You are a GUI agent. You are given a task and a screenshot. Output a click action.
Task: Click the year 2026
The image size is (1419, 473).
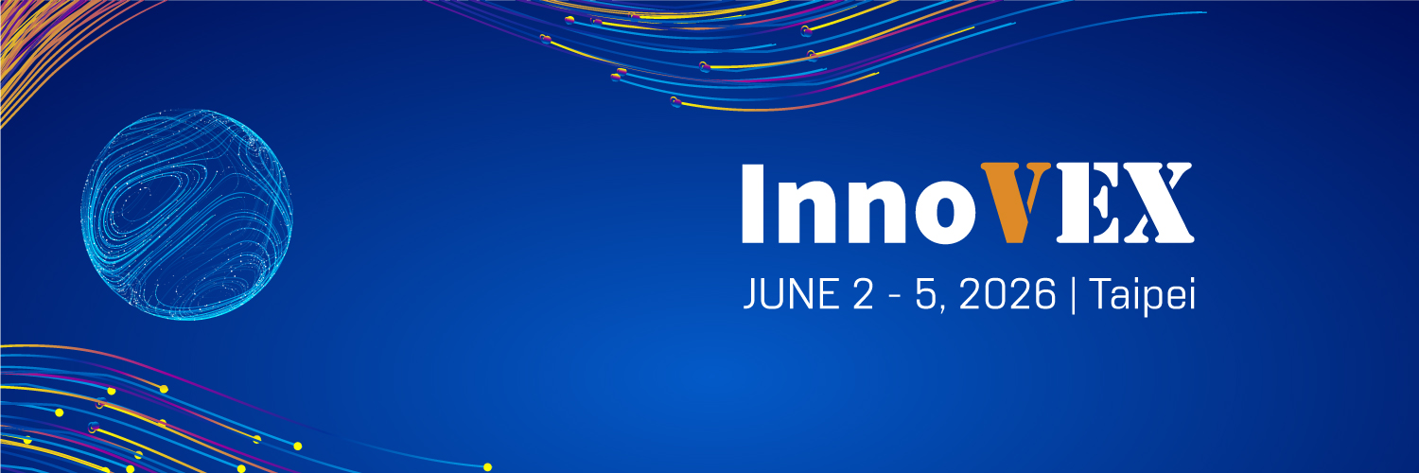[1008, 297]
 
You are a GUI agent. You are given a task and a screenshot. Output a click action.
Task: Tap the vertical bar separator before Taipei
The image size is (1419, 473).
[1073, 297]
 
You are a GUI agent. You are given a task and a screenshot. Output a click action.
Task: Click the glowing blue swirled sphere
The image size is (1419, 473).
[186, 214]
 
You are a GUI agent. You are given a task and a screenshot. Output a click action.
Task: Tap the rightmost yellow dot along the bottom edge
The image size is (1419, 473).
[487, 466]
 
